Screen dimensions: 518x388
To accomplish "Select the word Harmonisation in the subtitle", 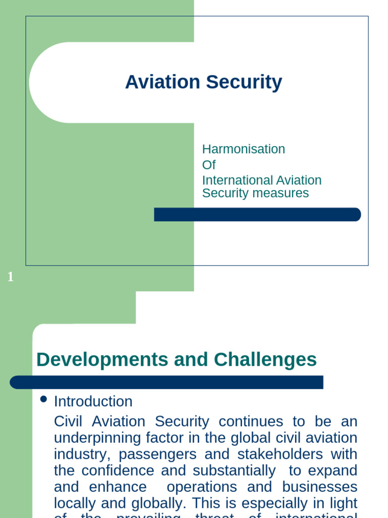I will click(244, 149).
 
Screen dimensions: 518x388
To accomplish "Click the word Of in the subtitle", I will click(209, 165).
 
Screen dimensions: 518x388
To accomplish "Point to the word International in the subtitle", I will click(230, 181).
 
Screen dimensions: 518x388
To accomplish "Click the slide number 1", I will click(11, 277).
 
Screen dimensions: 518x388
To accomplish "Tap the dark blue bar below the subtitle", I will click(257, 214).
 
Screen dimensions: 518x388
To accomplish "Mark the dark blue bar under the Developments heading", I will click(166, 382).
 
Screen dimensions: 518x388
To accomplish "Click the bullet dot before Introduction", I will click(43, 400).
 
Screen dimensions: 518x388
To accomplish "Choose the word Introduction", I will click(93, 402).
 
